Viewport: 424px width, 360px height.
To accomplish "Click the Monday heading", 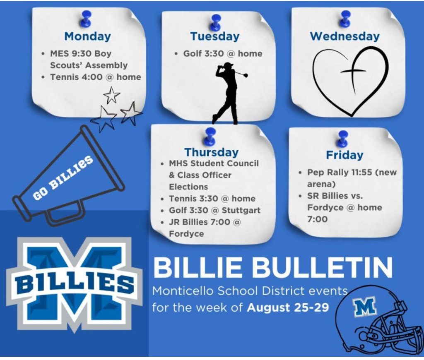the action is pyautogui.click(x=88, y=36).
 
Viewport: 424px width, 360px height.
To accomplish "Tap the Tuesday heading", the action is pyautogui.click(x=215, y=36).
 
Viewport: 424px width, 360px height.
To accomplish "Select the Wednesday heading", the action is pyautogui.click(x=345, y=36).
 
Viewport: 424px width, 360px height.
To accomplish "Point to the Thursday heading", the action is pyautogui.click(x=212, y=152).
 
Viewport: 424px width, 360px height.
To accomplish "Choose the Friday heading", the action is pyautogui.click(x=344, y=155).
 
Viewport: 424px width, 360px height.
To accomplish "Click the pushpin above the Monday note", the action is pyautogui.click(x=86, y=19).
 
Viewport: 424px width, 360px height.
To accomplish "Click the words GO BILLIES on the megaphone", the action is pyautogui.click(x=63, y=178).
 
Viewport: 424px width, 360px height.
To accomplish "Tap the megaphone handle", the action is pyautogui.click(x=66, y=212).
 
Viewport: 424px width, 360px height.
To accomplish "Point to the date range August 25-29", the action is pyautogui.click(x=288, y=307).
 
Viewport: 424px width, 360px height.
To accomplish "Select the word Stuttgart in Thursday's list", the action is pyautogui.click(x=241, y=210).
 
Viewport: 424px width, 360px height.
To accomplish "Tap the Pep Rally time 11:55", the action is pyautogui.click(x=361, y=172).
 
